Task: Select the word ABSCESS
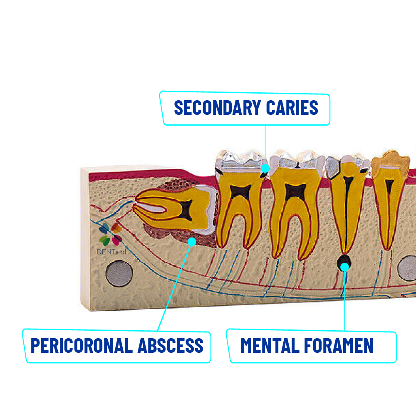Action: pos(170,345)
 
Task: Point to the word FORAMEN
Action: pos(339,345)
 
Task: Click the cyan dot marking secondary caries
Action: pos(265,168)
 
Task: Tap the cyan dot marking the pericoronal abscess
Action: pos(192,242)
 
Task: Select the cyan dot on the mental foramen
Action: pos(344,267)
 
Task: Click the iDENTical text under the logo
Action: pos(110,252)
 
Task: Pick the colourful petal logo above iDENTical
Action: pos(110,234)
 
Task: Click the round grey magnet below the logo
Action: pos(119,274)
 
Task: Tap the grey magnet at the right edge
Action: pos(408,268)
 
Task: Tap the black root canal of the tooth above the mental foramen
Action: pos(346,212)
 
